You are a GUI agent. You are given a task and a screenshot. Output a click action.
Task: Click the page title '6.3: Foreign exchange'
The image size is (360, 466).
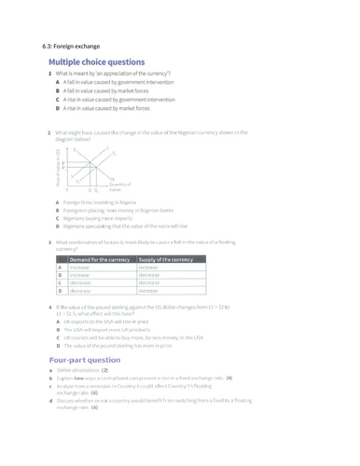[74, 47]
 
